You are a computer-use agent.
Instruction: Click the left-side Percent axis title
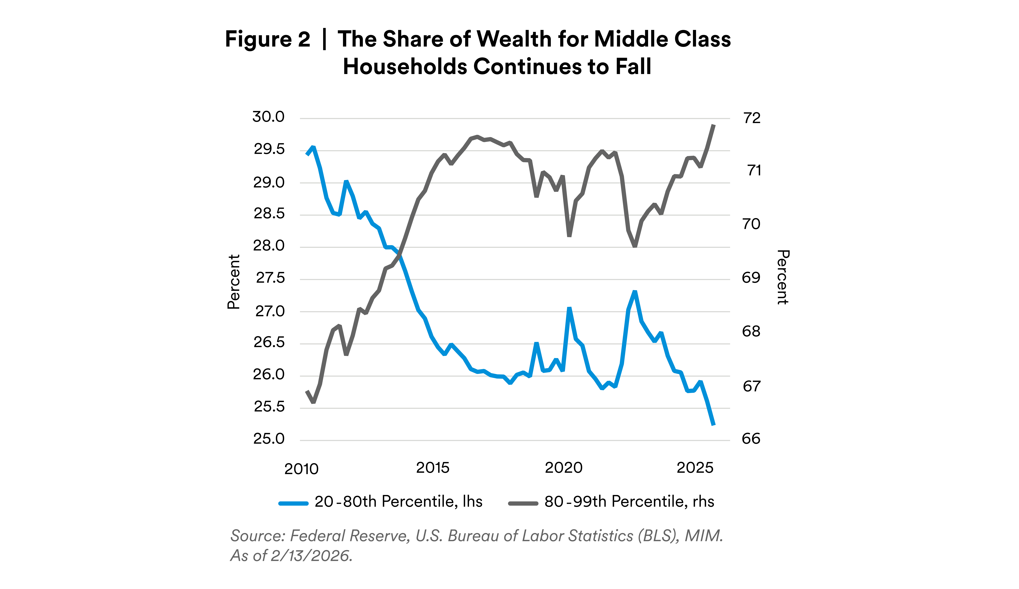[x=234, y=282]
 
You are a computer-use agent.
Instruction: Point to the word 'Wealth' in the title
[x=514, y=39]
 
